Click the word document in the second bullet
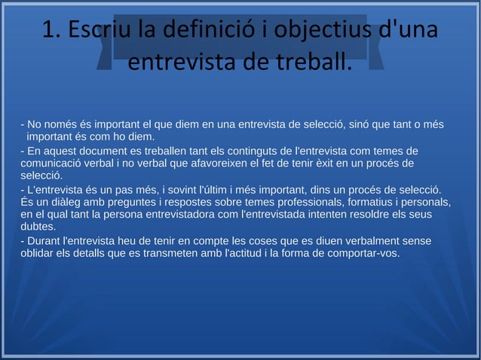pyautogui.click(x=112, y=151)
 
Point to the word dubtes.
pyautogui.click(x=38, y=226)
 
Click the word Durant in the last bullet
pyautogui.click(x=44, y=241)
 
